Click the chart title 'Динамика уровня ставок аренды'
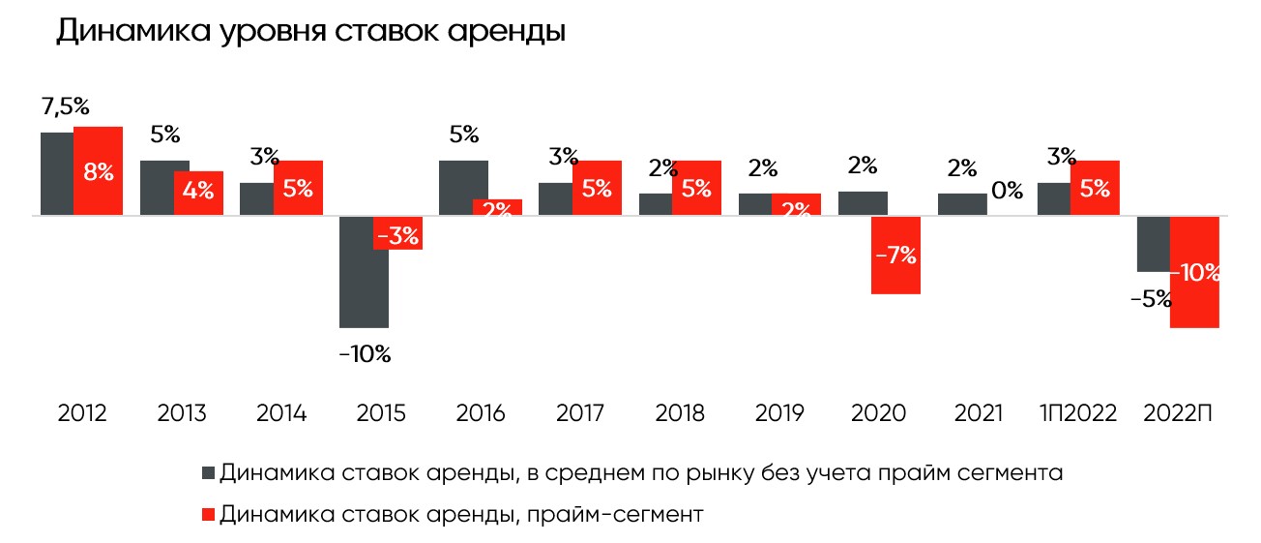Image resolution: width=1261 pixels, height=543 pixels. tap(310, 31)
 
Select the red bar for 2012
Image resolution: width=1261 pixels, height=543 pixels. tap(98, 170)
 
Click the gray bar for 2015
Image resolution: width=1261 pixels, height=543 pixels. tap(364, 272)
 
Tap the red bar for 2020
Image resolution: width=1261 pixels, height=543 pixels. tap(895, 255)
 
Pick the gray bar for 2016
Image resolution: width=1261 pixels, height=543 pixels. tap(463, 188)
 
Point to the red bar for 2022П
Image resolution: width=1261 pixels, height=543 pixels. tap(1195, 272)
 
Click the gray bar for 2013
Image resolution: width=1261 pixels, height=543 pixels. tap(164, 188)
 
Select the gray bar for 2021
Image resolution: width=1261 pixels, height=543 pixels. tap(962, 204)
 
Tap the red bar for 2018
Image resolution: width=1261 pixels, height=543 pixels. tap(696, 188)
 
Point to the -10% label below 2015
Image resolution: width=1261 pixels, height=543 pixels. tap(365, 354)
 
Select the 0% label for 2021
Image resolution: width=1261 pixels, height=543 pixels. tap(1008, 191)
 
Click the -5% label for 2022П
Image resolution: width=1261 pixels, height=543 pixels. tap(1151, 299)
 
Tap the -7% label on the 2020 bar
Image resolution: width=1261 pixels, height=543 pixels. tap(895, 256)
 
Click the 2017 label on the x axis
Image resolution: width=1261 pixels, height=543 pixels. tap(580, 414)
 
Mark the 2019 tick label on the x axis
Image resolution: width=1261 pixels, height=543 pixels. tap(779, 414)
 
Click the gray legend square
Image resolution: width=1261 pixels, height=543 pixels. tap(209, 473)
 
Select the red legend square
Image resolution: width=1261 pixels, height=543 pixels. tap(209, 514)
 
